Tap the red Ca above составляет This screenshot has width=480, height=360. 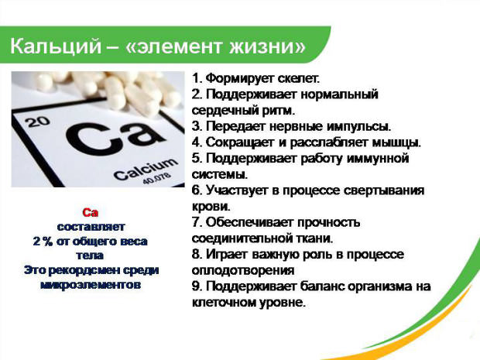click(x=90, y=212)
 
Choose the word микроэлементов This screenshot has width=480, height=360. click(x=90, y=284)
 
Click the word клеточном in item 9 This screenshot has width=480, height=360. click(x=223, y=303)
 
